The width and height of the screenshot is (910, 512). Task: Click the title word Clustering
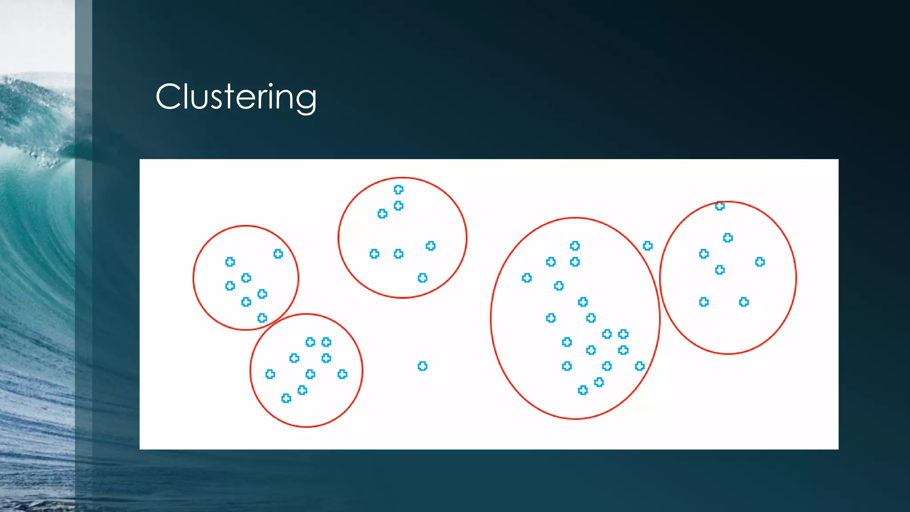pos(236,97)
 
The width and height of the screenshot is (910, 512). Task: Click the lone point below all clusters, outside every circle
pos(423,366)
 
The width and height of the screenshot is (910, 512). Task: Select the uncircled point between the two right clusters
pos(648,246)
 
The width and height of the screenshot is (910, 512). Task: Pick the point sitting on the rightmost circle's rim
pos(720,206)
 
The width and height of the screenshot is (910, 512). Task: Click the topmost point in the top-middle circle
pos(399,190)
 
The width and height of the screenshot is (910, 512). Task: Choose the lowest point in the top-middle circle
pos(423,278)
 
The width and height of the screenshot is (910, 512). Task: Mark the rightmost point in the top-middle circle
pos(431,246)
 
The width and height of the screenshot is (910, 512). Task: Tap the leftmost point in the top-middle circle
pos(375,254)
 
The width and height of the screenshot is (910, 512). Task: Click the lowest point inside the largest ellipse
pos(583,390)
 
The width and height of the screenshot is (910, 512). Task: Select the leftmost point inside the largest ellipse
pos(527,278)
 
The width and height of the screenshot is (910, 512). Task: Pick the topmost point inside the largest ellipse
pos(575,246)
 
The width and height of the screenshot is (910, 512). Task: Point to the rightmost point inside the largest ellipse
pos(640,366)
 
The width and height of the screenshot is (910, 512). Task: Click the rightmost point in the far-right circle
pos(760,262)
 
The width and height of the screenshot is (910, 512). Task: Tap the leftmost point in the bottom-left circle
pos(270,374)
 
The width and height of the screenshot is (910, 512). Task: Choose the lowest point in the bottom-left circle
pos(286,398)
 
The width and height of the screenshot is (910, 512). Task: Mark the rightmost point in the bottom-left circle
pos(342,374)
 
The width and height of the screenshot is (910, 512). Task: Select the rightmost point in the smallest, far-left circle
pos(278,254)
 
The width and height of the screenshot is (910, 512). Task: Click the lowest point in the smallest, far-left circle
pos(262,318)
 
